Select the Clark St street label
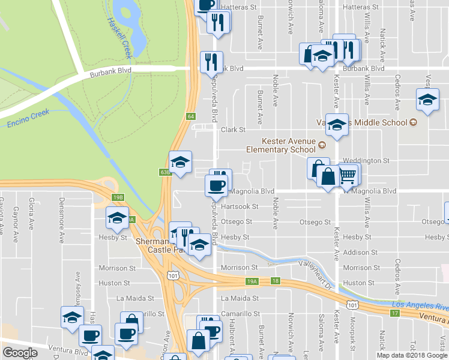234,130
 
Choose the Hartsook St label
240,206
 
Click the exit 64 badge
191,116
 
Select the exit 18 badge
276,280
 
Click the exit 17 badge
394,313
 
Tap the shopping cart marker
349,176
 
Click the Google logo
20,353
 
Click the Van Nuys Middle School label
366,122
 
